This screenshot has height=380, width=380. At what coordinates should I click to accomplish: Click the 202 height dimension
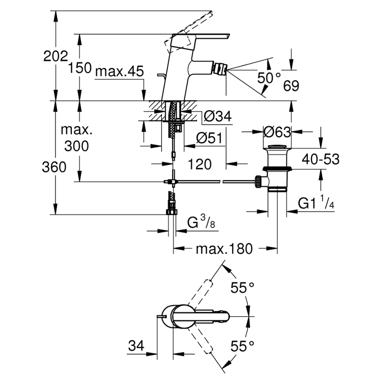[56, 56]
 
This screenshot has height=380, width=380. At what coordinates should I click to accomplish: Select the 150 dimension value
[80, 68]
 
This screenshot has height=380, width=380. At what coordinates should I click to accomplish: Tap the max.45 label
[119, 71]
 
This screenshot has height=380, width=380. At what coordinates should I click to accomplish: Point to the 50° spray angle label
[269, 78]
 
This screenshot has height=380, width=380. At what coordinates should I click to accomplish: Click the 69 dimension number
[291, 86]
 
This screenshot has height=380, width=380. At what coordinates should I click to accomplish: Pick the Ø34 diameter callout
[218, 116]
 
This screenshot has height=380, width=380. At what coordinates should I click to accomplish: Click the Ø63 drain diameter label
[278, 131]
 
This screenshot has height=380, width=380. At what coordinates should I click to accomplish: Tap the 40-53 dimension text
[321, 159]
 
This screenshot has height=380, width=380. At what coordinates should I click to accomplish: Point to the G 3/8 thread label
[201, 223]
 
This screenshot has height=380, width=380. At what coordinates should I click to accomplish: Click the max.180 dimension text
[224, 249]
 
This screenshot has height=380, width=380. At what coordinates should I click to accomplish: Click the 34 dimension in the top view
[136, 346]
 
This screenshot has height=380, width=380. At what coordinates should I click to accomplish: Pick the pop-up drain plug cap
[278, 147]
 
